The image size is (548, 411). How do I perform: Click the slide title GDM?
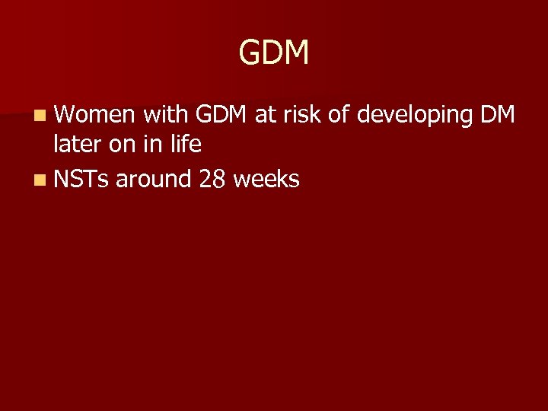(x=274, y=53)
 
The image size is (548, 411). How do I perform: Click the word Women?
(x=94, y=115)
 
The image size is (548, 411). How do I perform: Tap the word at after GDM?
(x=266, y=115)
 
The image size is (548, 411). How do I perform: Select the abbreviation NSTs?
(x=81, y=180)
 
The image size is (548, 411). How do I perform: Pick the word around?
(x=153, y=180)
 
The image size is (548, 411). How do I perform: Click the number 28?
(x=212, y=180)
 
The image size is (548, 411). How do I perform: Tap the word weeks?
(x=266, y=180)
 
